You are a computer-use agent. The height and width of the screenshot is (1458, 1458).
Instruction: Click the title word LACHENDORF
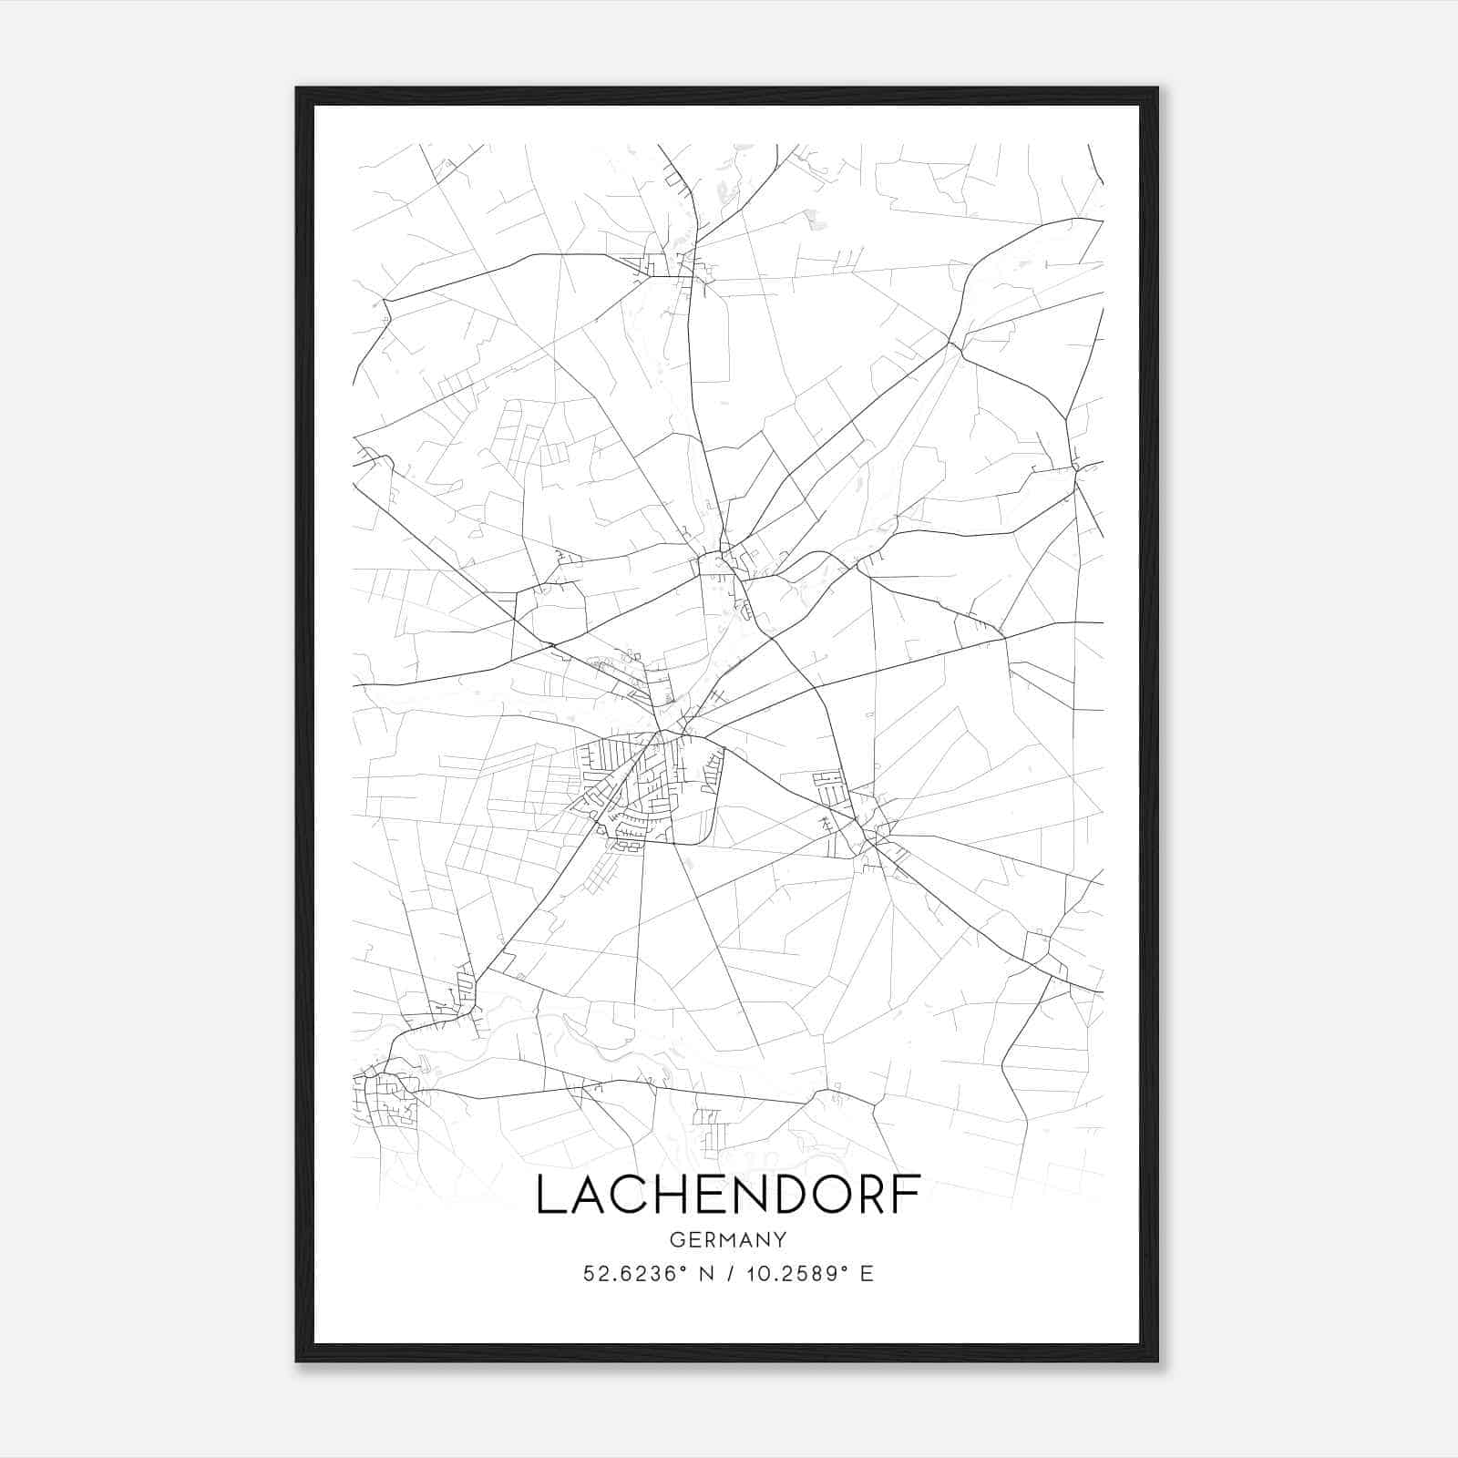click(728, 1195)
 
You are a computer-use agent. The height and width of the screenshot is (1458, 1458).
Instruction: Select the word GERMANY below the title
click(728, 1239)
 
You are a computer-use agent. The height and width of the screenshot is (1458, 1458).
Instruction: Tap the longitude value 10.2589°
click(789, 1274)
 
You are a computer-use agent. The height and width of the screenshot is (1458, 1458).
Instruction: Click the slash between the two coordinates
click(727, 1274)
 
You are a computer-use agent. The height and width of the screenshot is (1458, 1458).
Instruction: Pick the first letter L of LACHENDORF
click(549, 1195)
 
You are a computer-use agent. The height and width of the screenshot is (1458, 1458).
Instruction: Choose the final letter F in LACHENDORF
click(907, 1195)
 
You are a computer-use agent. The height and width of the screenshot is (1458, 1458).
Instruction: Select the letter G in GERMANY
click(676, 1239)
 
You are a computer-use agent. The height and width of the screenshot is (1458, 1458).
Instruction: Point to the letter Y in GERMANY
click(780, 1239)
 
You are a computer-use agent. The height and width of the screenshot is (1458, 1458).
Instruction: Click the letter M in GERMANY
click(727, 1239)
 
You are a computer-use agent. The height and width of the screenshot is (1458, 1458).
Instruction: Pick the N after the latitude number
click(704, 1274)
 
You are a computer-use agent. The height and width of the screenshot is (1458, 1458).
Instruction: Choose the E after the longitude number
click(867, 1274)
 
